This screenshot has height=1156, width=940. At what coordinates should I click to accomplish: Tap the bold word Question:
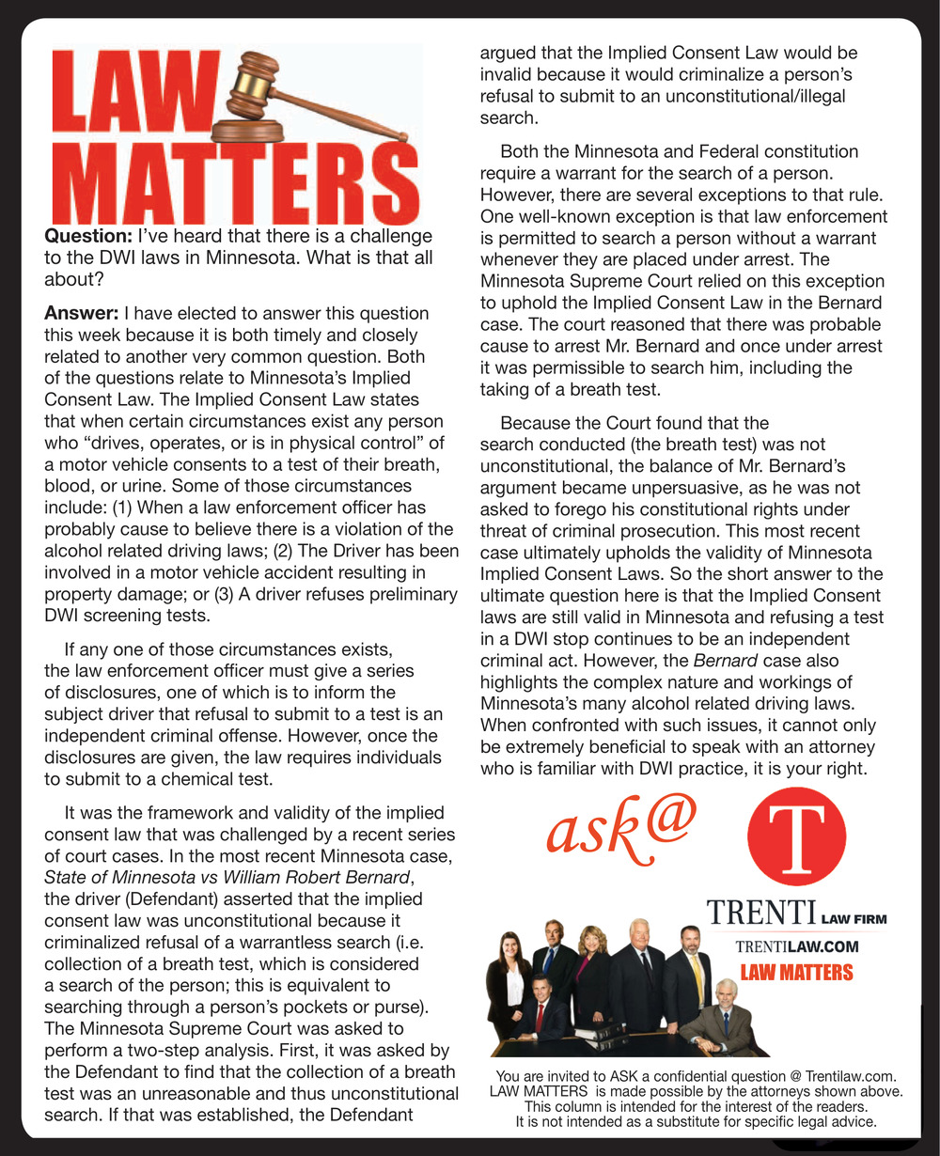coord(87,236)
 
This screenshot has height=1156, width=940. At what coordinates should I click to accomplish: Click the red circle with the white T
coord(795,836)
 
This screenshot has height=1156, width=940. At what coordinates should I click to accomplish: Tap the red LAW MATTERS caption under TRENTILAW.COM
coord(796,973)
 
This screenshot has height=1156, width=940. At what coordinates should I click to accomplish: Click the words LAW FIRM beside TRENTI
coord(854,918)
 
